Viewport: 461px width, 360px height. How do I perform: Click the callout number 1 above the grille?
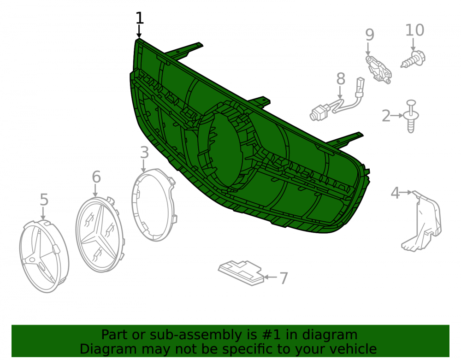(140, 18)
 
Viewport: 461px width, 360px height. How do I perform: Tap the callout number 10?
(414, 30)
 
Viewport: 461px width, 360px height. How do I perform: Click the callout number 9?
(370, 35)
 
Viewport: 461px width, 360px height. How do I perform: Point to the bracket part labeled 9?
(378, 69)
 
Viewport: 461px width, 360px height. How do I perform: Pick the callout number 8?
(341, 79)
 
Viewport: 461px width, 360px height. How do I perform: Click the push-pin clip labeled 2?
(411, 116)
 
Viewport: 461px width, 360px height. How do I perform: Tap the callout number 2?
(386, 116)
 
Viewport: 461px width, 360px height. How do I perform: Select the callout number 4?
(396, 193)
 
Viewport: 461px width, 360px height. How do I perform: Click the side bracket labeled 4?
(423, 220)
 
